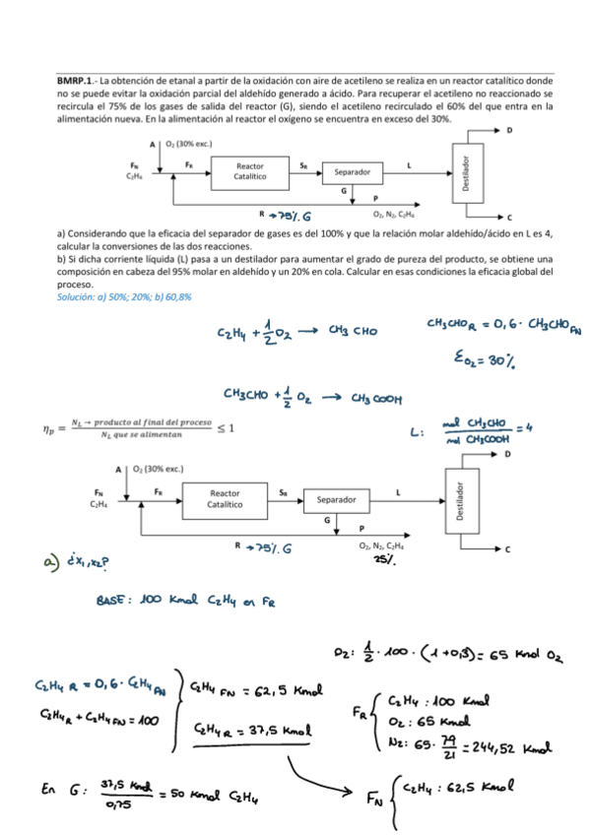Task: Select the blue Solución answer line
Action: (x=124, y=295)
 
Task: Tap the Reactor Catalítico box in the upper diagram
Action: (x=250, y=170)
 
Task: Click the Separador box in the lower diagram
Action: (x=336, y=499)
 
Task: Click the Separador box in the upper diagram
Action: (x=352, y=171)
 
